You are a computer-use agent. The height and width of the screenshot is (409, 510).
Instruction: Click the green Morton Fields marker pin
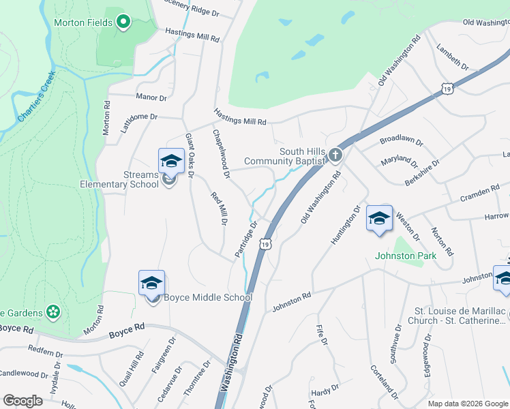(123, 22)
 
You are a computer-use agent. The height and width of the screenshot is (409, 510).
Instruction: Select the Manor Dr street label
(151, 97)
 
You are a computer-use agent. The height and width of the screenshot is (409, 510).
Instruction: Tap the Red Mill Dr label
(219, 209)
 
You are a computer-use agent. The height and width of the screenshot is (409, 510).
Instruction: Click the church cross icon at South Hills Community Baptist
(335, 155)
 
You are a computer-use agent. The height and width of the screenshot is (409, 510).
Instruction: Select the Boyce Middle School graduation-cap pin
(151, 284)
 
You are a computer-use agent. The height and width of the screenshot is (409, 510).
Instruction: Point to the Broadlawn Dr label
(402, 144)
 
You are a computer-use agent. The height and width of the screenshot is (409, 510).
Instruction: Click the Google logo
(22, 401)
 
